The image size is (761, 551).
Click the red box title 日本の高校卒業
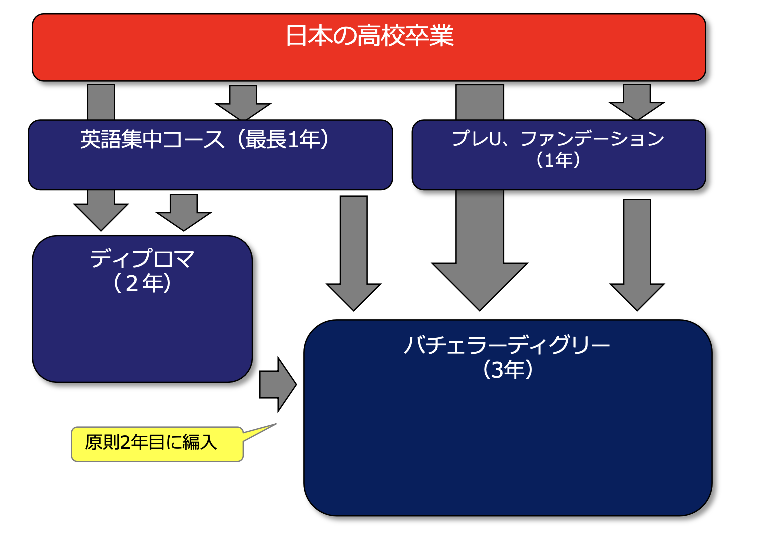tap(369, 36)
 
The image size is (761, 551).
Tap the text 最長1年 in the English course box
tap(283, 140)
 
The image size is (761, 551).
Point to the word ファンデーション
tap(592, 139)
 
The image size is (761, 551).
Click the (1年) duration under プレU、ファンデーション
tap(558, 160)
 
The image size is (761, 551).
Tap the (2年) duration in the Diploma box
tap(142, 283)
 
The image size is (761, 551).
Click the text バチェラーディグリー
tap(507, 345)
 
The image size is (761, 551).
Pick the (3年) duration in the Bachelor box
tap(508, 370)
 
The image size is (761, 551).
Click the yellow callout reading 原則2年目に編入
tap(151, 443)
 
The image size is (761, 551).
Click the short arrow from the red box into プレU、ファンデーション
tap(637, 103)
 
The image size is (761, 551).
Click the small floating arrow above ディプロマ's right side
tap(184, 213)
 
